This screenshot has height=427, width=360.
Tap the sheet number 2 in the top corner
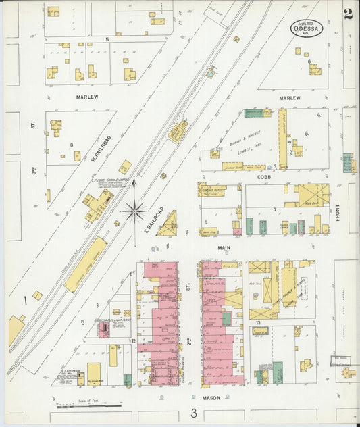347,14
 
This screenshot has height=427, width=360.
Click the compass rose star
134,211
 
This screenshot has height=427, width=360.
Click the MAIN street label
224,248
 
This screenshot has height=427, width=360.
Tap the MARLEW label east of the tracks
289,97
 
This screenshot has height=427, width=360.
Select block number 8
71,145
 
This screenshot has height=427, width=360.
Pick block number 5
107,40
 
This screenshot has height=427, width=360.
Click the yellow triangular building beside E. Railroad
168,225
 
